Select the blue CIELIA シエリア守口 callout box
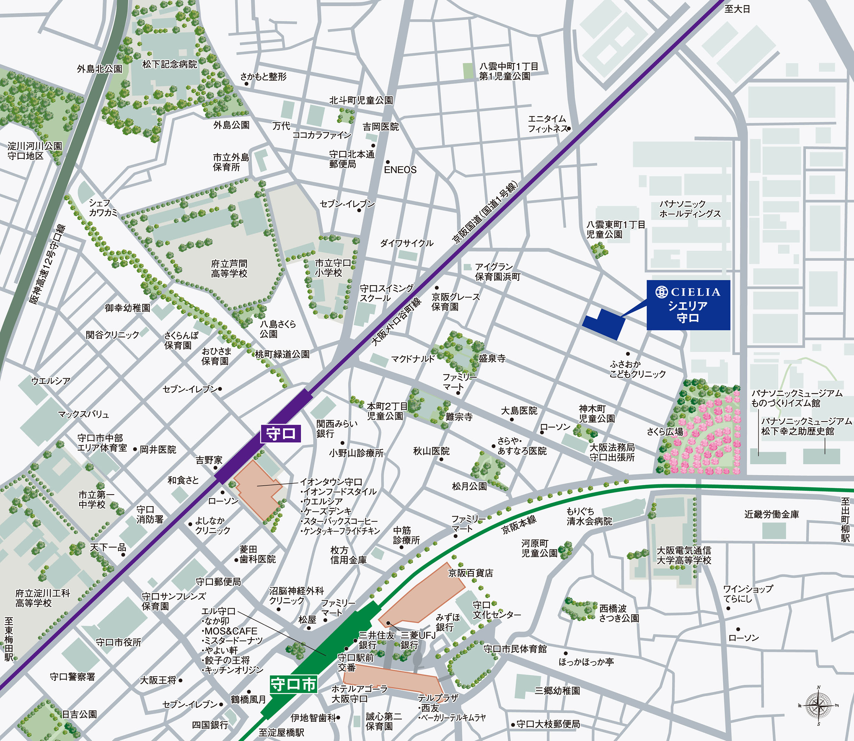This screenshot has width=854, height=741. click(x=688, y=305)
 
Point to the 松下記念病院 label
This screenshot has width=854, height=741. click(x=170, y=64)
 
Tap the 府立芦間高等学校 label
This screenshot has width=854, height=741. click(x=229, y=268)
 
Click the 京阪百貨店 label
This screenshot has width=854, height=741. click(x=470, y=573)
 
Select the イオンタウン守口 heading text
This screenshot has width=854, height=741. click(x=331, y=482)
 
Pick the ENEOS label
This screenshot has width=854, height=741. click(x=400, y=170)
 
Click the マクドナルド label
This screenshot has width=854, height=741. click(x=413, y=359)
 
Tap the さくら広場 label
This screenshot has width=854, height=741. click(x=665, y=432)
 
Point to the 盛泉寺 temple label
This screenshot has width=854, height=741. click(x=492, y=358)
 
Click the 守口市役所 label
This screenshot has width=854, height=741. click(x=118, y=642)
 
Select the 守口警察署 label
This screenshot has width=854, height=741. click(x=72, y=677)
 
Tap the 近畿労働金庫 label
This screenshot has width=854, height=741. click(x=772, y=514)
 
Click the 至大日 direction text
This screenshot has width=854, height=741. click(x=737, y=9)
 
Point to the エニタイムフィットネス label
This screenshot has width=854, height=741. click(x=547, y=124)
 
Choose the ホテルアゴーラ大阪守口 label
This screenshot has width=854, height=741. click(x=359, y=693)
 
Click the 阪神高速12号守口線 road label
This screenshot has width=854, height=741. click(x=47, y=264)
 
